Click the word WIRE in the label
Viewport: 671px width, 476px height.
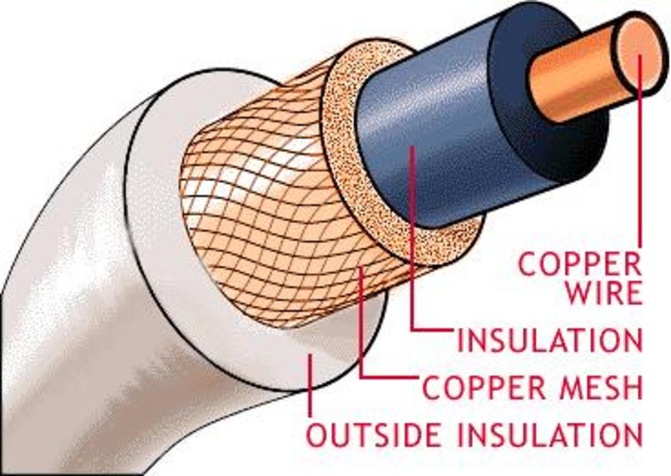(x=604, y=294)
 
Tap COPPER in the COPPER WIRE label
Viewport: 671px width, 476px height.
(x=579, y=264)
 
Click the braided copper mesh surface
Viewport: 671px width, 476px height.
(x=268, y=235)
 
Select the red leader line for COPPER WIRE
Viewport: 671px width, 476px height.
(x=640, y=168)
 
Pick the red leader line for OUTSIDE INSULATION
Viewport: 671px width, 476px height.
(x=309, y=386)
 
